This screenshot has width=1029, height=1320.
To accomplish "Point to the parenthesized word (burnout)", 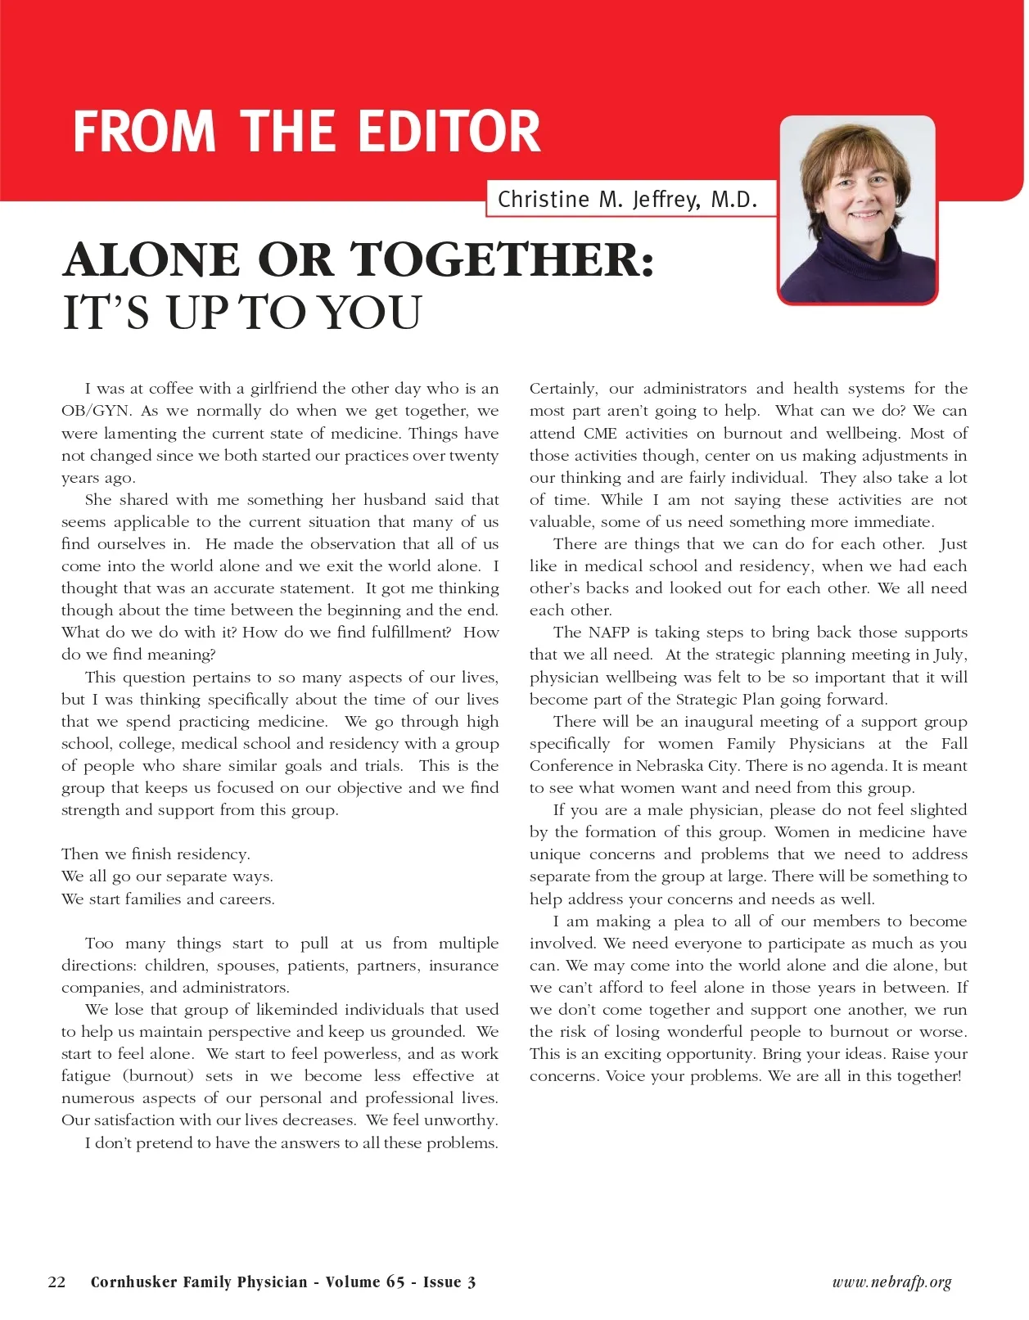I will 159,1076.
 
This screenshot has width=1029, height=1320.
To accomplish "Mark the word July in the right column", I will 950,655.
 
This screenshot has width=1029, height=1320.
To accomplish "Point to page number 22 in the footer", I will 57,1282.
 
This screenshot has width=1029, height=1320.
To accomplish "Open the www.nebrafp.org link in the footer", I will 891,1282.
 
